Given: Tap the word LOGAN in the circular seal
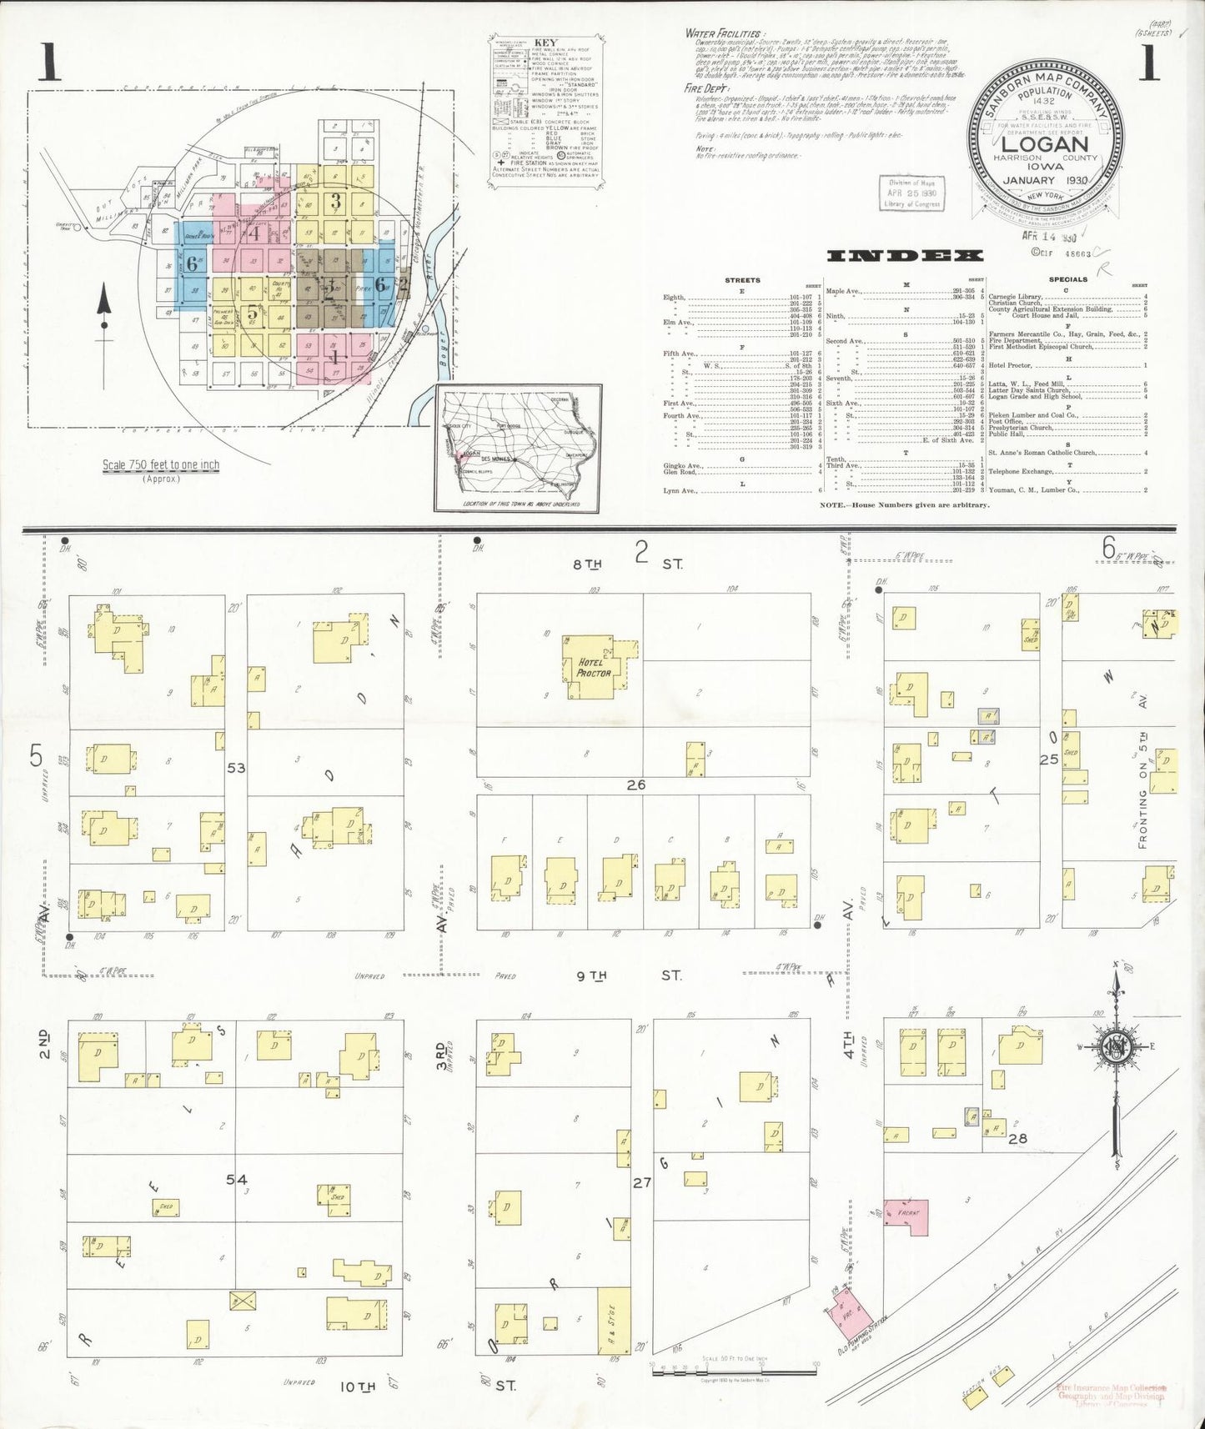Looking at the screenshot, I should coord(1044,143).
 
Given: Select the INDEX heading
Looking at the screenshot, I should coord(904,255).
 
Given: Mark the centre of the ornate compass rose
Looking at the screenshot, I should coord(1114,1048).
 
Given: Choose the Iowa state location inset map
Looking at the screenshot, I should coord(518,446).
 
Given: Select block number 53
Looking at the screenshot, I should coord(236,767).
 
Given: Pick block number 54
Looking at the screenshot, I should coord(237,1179).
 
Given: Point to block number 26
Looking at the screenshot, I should coord(635,785).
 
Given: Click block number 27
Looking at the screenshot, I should coord(641,1181).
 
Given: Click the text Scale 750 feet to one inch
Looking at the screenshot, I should coord(161,465).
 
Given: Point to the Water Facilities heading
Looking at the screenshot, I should coord(722,33).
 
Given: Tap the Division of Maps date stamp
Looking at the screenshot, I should coord(911,193).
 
